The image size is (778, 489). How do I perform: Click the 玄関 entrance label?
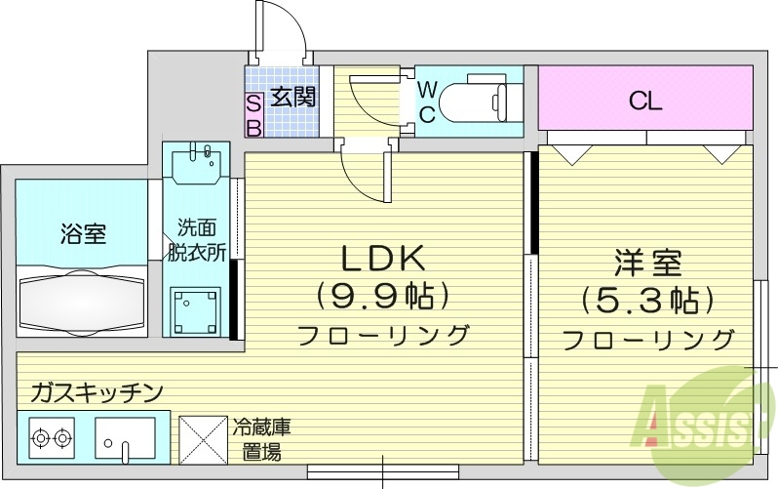[x=293, y=99]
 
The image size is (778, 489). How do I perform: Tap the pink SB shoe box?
[x=253, y=114]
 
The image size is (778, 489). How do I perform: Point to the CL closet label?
[x=645, y=101]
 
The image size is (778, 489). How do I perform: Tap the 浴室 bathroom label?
[x=83, y=234]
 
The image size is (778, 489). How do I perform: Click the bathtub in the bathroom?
[x=83, y=301]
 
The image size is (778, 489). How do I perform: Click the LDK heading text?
[x=381, y=258]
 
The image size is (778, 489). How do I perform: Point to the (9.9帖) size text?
[x=381, y=295]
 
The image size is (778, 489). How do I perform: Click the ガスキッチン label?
[x=96, y=393]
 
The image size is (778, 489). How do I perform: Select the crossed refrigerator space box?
[x=201, y=441]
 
